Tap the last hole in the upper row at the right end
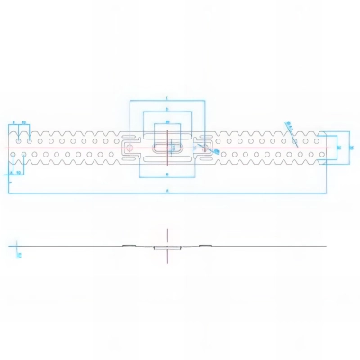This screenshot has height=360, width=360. [x=317, y=139]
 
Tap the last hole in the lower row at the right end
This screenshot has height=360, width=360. [x=317, y=154]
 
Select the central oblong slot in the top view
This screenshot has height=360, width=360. [x=166, y=147]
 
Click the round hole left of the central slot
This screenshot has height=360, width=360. [x=131, y=147]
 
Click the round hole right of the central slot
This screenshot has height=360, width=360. [x=202, y=147]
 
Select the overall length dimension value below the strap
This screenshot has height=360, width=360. [x=167, y=192]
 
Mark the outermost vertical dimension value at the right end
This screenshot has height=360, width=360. [x=351, y=147]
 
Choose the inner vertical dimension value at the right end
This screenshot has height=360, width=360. [x=339, y=147]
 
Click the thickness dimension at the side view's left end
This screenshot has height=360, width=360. [x=19, y=255]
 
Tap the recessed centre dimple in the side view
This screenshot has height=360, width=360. [x=166, y=247]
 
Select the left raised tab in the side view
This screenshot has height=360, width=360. [x=130, y=243]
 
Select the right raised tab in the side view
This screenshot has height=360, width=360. [x=203, y=243]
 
